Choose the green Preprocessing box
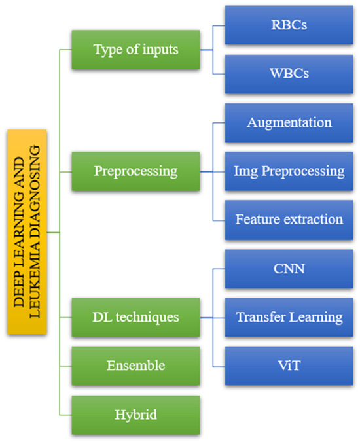tap(135, 171)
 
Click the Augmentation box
tap(289, 122)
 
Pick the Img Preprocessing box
tap(289, 171)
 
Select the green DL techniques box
tap(135, 317)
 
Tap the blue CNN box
tap(289, 269)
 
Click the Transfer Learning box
tap(289, 317)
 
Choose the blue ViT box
tap(289, 364)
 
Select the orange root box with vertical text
tap(33, 231)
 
